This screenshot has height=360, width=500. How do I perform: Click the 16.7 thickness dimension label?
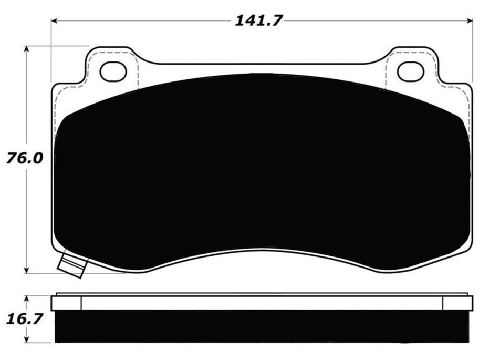coord(20,318)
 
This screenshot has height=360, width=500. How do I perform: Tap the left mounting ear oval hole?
coord(113,71)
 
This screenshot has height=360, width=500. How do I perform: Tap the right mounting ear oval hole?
coord(410,71)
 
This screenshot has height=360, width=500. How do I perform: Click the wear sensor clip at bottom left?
coord(72,264)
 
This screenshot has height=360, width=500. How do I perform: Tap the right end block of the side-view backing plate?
coord(457,303)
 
